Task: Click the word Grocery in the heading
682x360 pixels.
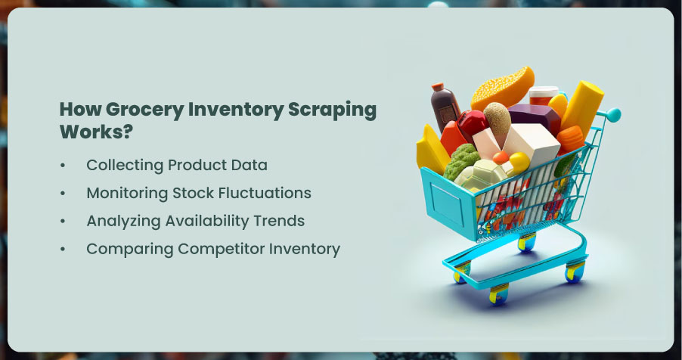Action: pyautogui.click(x=144, y=111)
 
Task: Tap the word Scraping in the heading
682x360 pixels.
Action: pyautogui.click(x=332, y=111)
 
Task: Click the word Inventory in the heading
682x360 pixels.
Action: pyautogui.click(x=236, y=111)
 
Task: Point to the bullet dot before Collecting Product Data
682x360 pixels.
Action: pyautogui.click(x=63, y=166)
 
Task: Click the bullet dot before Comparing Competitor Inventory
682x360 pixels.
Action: pyautogui.click(x=63, y=250)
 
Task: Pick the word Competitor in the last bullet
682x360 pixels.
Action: pyautogui.click(x=222, y=250)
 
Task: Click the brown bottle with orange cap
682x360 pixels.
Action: pyautogui.click(x=444, y=107)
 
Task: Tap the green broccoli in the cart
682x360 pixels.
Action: pyautogui.click(x=461, y=160)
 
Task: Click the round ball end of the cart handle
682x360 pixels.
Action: pyautogui.click(x=613, y=115)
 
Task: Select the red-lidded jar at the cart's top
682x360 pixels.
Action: pyautogui.click(x=544, y=95)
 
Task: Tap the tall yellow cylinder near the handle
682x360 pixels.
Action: pyautogui.click(x=581, y=106)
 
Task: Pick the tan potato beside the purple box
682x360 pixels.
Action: pyautogui.click(x=498, y=118)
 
